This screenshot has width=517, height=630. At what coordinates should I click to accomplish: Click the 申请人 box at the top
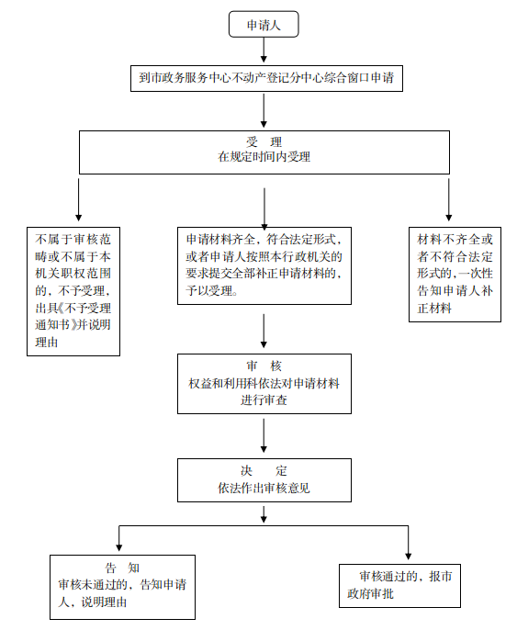point(264,24)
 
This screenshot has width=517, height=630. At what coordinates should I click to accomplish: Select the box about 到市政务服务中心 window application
point(266,78)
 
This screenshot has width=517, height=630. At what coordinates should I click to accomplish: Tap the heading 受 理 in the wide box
point(264,141)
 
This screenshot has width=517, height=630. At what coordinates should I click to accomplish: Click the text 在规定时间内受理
point(264,157)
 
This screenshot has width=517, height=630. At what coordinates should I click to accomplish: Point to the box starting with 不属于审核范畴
point(73,291)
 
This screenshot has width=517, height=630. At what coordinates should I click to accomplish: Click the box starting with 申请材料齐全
point(264,265)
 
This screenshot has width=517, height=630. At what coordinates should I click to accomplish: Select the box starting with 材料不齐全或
point(455,275)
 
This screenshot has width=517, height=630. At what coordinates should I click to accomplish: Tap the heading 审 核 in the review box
point(264,366)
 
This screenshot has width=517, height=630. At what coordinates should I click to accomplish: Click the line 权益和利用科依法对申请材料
point(264,383)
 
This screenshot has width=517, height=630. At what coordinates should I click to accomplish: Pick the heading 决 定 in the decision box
point(264,470)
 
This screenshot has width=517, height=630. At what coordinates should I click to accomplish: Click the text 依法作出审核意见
point(264,488)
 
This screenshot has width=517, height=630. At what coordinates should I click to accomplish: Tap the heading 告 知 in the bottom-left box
point(122,568)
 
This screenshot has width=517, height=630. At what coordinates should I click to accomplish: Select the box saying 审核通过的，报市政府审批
point(399,585)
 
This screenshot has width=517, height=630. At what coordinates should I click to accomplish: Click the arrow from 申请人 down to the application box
point(264,51)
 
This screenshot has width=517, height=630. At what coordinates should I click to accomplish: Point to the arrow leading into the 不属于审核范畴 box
point(78,199)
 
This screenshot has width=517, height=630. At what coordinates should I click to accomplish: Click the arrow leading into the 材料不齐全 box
point(449,199)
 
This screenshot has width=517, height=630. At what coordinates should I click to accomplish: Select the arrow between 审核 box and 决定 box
point(264,435)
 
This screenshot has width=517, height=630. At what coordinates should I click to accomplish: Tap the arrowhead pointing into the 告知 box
point(118,547)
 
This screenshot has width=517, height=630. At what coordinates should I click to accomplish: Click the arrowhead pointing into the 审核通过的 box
point(408,557)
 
